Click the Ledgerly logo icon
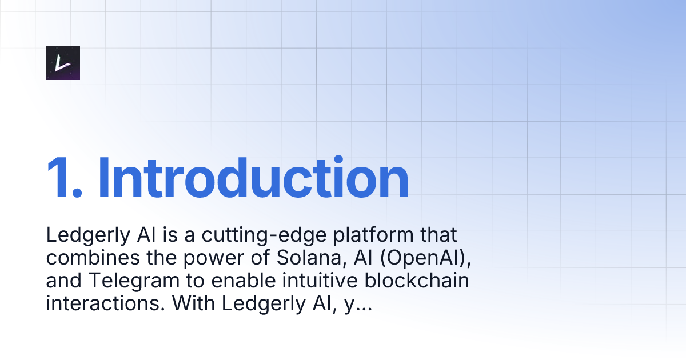pyautogui.click(x=63, y=62)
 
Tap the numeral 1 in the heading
pyautogui.click(x=60, y=178)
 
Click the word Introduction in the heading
pyautogui.click(x=253, y=178)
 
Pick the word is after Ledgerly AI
pyautogui.click(x=150, y=235)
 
